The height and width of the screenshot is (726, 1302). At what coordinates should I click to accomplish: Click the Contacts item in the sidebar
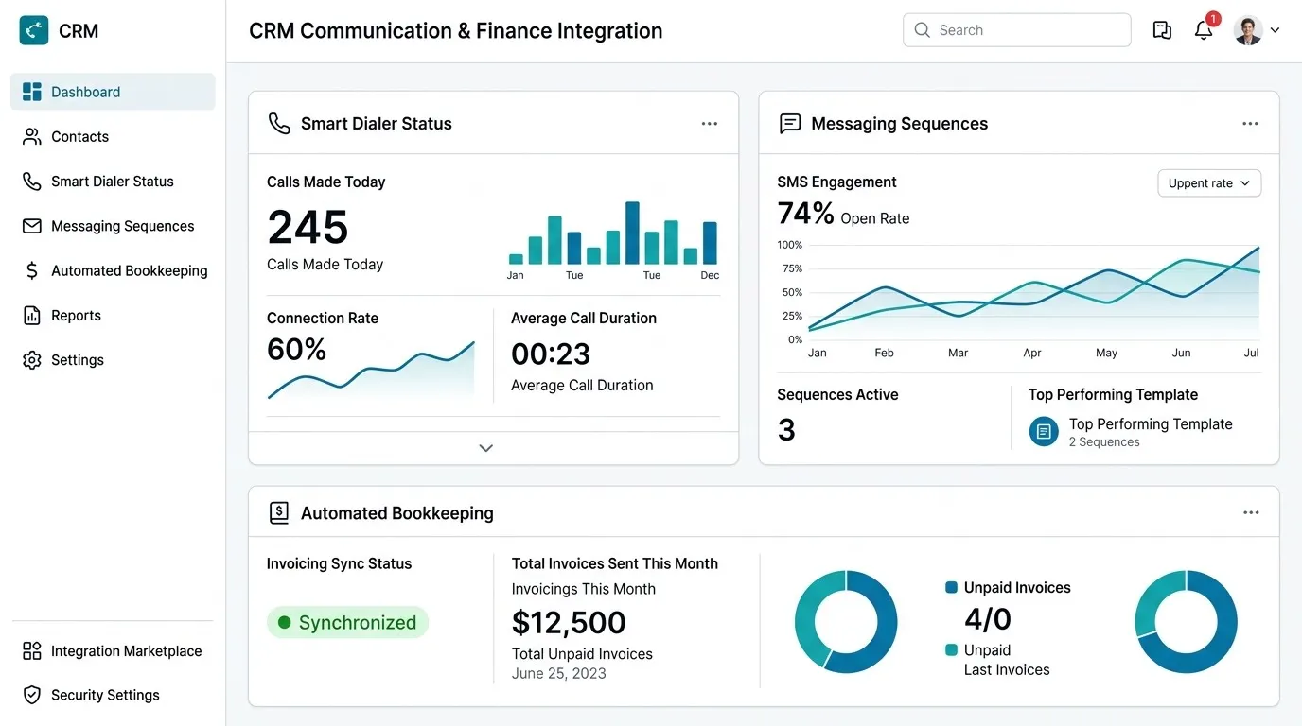65,136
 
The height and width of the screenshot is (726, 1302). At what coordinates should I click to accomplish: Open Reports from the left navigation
62,316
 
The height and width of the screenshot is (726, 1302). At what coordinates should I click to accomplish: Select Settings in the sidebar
63,360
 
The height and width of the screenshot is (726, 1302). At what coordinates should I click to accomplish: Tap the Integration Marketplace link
113,651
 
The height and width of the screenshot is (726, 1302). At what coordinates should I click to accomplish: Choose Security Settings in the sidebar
91,695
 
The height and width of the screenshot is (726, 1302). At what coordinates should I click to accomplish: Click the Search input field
1016,30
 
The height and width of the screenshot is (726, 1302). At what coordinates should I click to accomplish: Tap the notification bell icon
1204,30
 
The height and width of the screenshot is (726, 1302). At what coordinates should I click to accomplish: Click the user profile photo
1247,30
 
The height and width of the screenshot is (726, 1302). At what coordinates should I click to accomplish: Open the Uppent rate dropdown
1209,183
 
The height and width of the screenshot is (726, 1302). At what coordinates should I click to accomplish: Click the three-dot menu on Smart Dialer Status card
709,124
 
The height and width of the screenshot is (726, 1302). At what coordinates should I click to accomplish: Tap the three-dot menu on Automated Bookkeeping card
1251,513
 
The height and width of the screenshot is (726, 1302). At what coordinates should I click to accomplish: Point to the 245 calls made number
308,227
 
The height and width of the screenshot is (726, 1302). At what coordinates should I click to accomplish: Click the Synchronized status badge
347,623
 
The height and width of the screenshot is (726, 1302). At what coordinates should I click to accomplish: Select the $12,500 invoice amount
569,623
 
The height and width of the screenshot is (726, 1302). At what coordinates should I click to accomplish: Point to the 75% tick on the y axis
792,268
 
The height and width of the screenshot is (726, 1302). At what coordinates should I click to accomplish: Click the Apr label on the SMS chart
1032,354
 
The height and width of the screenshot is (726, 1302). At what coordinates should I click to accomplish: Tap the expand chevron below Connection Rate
486,448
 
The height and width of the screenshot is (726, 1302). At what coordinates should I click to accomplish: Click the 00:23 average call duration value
551,354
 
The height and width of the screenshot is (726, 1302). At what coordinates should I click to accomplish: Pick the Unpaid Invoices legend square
952,587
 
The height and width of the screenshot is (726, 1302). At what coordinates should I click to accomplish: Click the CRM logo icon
34,30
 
